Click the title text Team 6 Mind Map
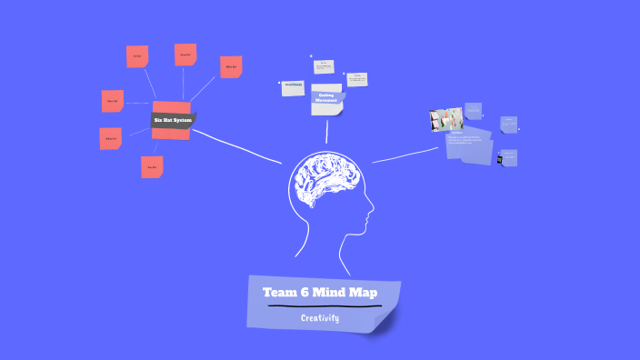pos(319,293)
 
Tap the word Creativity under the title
pos(320,318)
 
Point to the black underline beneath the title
pos(324,306)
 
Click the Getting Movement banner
pos(327,96)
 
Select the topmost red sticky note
pos(185,55)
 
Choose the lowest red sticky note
pos(152,167)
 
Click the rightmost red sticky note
pos(231,66)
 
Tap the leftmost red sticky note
pos(110,139)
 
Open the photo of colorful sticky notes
pos(445,120)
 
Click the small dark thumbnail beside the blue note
pos(500,159)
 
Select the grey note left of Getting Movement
pos(293,87)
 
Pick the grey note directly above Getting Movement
pos(324,66)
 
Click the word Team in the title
pos(281,293)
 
